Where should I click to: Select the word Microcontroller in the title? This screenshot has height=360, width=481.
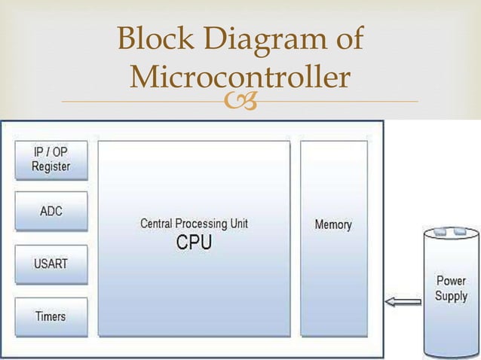tap(240, 77)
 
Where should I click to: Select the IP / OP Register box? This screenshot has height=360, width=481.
tap(51, 160)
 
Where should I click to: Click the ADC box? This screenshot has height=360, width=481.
tap(51, 211)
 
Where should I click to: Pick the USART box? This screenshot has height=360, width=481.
tap(51, 264)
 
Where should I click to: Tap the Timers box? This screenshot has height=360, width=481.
tap(51, 316)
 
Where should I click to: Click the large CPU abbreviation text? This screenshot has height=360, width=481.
tap(194, 243)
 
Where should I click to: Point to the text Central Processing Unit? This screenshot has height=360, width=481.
tap(194, 224)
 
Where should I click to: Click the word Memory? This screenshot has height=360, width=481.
tap(332, 224)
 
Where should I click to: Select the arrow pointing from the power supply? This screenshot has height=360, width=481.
tap(403, 303)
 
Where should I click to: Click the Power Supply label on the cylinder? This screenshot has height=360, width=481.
tap(451, 288)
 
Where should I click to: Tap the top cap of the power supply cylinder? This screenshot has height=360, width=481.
tap(451, 231)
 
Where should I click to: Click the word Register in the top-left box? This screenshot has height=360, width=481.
tap(51, 166)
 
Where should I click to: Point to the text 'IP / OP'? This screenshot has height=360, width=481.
tap(51, 152)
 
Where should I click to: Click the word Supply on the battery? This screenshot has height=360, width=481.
tap(451, 296)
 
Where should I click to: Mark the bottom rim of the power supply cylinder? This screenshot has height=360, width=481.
tap(451, 353)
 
